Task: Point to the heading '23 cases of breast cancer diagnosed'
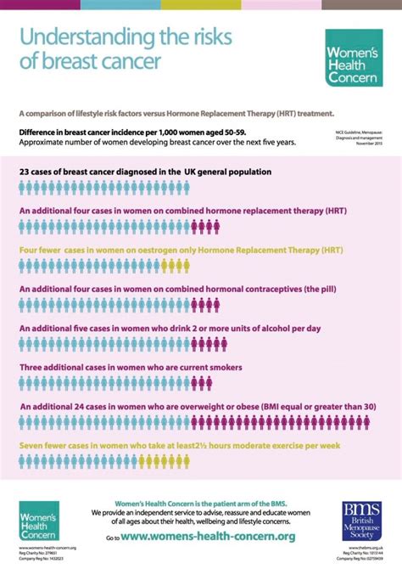(145, 172)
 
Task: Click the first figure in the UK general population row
(23, 189)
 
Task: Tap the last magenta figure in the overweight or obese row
(382, 423)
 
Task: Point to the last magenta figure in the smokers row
(216, 384)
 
